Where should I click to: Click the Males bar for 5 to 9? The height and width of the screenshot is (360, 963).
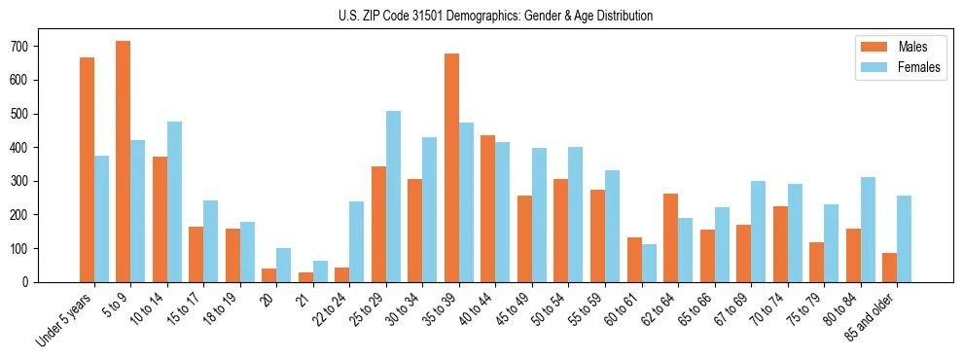coord(124,162)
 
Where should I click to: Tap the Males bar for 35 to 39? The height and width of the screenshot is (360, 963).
coord(451,167)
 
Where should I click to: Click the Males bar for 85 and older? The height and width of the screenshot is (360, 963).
coord(889,268)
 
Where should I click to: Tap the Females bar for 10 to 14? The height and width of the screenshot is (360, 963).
coord(174,201)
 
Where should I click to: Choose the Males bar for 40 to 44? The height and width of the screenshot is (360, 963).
coord(488,208)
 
